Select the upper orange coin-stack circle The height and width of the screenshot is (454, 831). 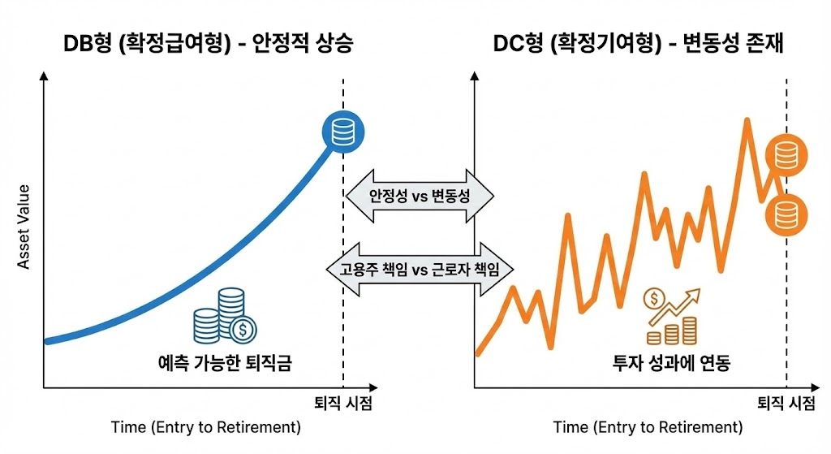tap(785, 153)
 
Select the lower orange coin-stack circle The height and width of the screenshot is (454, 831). tap(785, 214)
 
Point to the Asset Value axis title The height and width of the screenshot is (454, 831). tap(24, 226)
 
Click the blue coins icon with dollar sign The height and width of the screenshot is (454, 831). tap(225, 317)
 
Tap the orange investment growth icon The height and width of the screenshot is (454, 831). tap(671, 317)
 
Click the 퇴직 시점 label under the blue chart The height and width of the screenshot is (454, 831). tap(343, 404)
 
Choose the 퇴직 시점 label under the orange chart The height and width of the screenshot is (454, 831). tap(786, 404)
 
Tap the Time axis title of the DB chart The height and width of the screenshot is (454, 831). tap(205, 427)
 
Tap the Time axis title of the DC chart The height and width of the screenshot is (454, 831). tap(648, 427)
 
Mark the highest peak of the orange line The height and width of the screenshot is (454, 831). tap(745, 122)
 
